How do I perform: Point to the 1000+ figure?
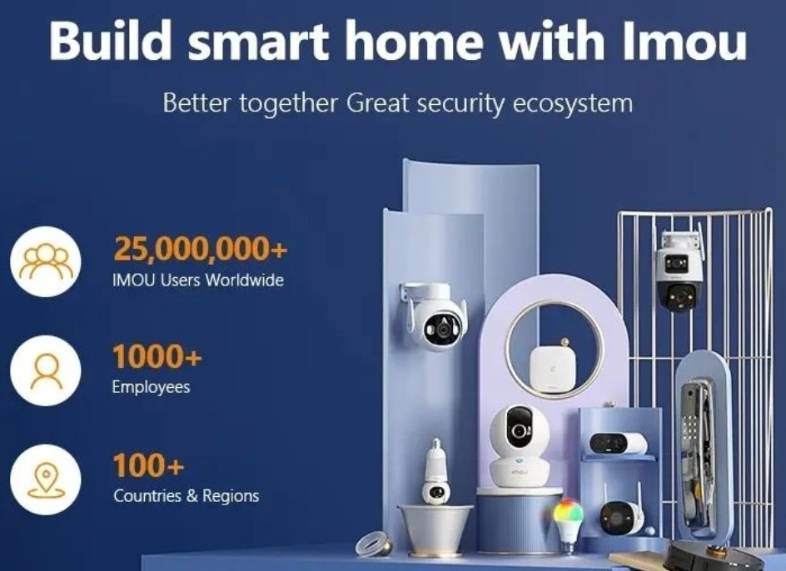pos(157,357)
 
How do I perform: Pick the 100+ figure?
pos(148,465)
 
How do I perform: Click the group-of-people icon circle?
pos(46,261)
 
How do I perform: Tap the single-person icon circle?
pos(46,370)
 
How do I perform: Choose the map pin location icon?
pos(46,480)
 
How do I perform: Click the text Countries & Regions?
pos(186,496)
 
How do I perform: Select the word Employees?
pos(152,387)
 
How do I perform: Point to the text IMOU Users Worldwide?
pos(197,280)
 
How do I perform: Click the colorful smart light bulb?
pos(570,520)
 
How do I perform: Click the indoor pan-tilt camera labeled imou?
pos(520,445)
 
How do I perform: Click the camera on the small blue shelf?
pos(617,444)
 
